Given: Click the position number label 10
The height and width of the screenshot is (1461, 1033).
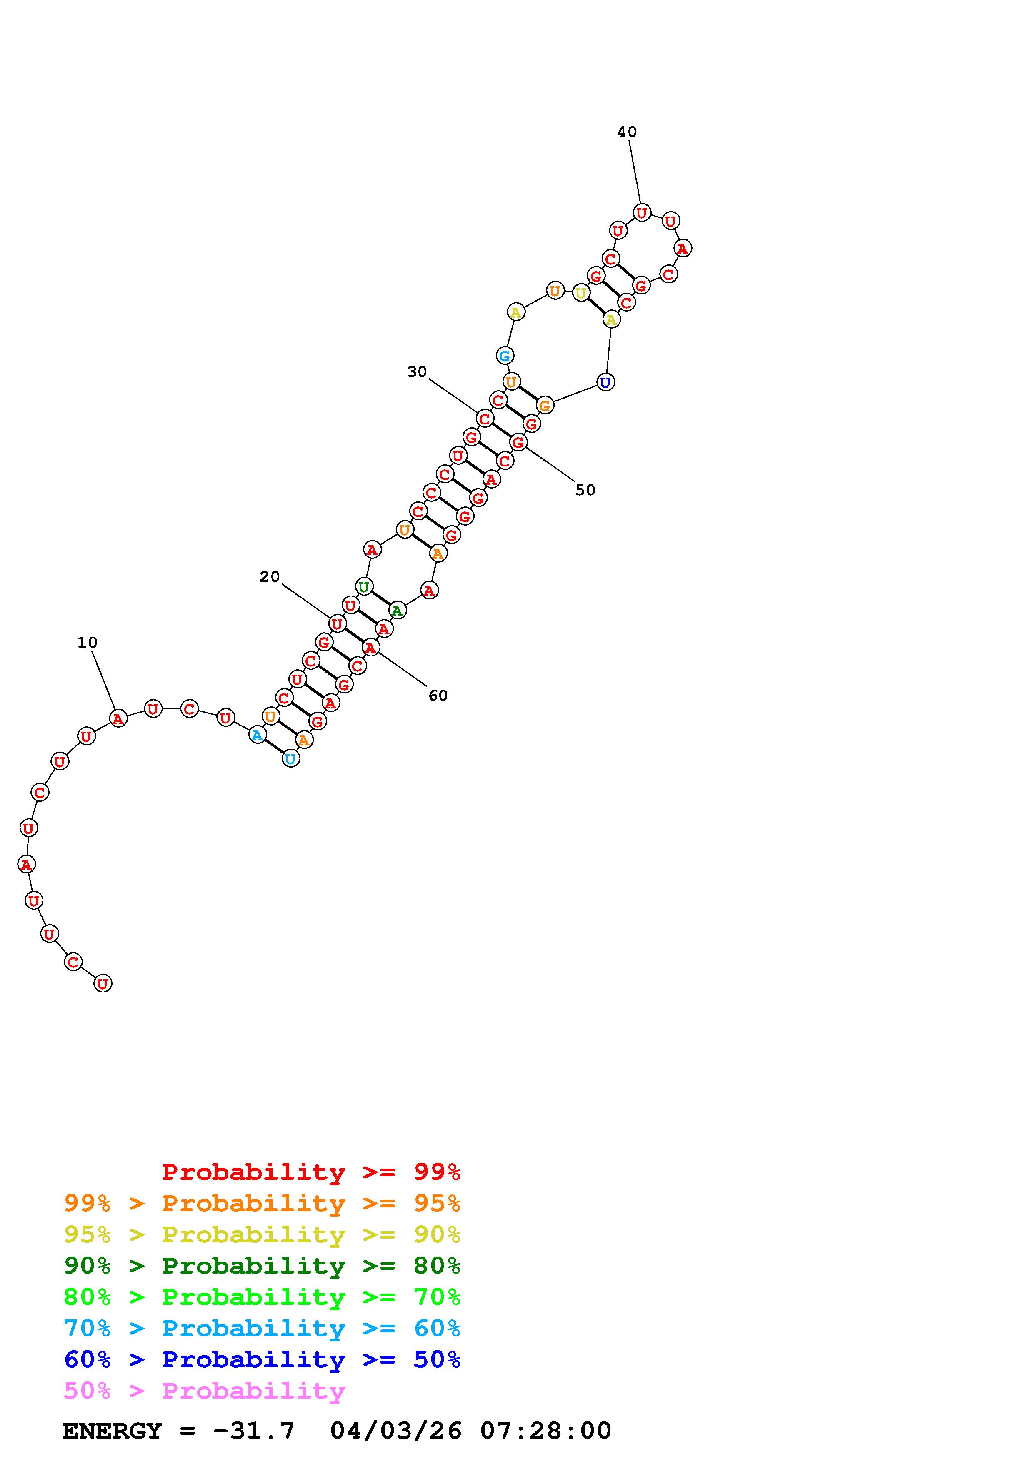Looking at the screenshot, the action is (87, 643).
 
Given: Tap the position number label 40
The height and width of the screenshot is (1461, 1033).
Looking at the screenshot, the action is (627, 132).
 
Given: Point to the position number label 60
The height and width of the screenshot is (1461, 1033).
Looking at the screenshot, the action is (438, 696).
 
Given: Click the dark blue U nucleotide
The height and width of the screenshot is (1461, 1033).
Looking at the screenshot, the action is (605, 382).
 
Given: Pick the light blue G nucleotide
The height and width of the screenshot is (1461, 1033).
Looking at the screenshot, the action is (505, 356).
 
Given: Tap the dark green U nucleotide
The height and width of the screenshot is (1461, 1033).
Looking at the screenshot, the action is (363, 587).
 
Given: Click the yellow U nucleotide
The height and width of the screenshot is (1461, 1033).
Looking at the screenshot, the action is (580, 293).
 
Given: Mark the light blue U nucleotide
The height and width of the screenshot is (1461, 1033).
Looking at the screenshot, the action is (290, 758).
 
